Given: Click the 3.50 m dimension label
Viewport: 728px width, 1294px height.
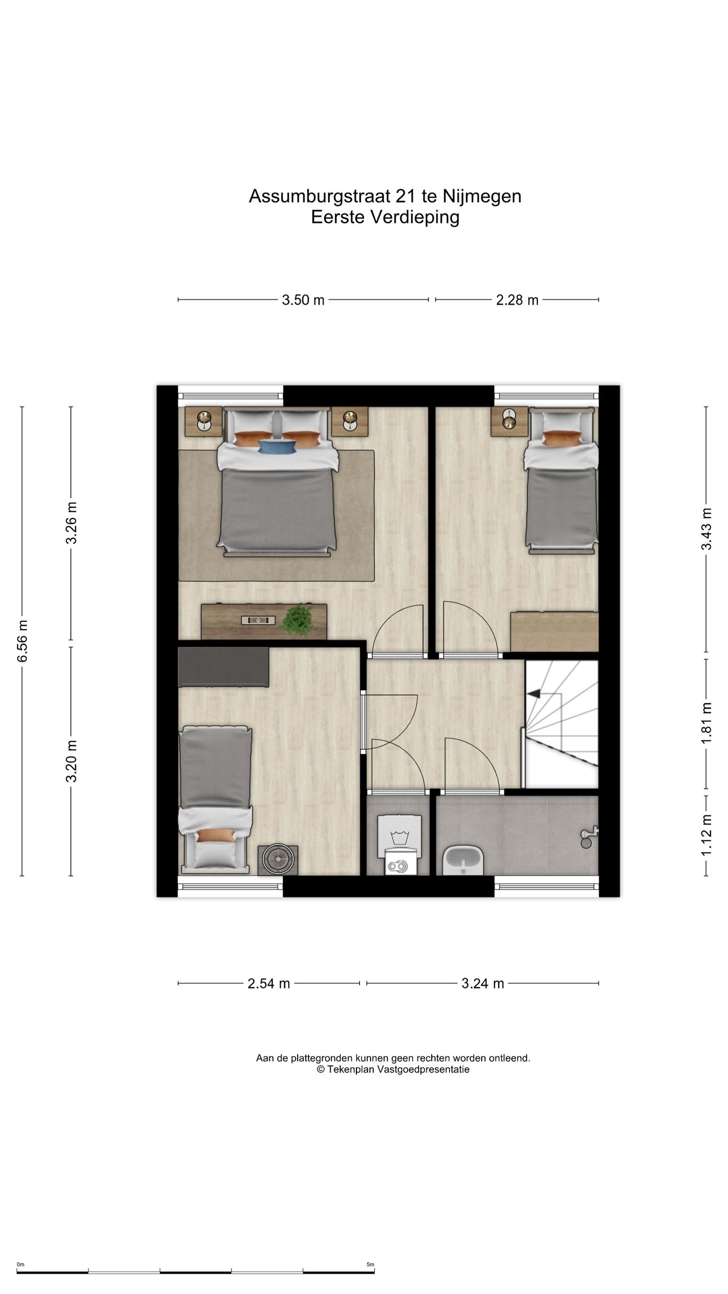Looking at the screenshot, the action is tap(303, 300).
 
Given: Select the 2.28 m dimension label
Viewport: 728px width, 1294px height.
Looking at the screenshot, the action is tap(517, 300).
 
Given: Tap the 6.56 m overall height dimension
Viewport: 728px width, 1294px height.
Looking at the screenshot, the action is tap(22, 641).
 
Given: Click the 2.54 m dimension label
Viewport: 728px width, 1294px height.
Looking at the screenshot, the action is tap(268, 983).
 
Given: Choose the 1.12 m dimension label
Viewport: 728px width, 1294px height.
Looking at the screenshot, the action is tap(706, 835).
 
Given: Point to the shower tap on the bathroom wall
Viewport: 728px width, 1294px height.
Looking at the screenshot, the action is tap(588, 837).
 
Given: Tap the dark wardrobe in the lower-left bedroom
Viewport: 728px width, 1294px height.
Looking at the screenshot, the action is tap(223, 667).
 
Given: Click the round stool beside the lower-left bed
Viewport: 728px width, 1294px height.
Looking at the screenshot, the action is tap(278, 860).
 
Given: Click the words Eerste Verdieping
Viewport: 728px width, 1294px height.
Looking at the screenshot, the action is tap(385, 217).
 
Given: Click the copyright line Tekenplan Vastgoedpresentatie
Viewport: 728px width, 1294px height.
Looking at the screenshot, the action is tap(393, 1069).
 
